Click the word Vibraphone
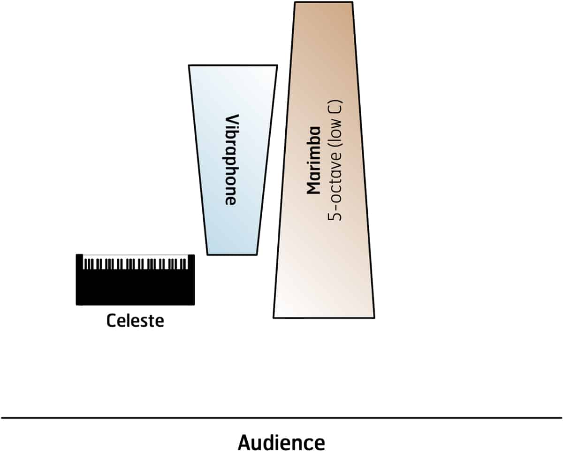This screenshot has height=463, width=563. click(x=230, y=160)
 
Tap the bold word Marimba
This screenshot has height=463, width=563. click(x=313, y=160)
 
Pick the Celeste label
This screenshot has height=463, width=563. click(x=135, y=321)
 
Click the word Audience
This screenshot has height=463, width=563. click(x=281, y=442)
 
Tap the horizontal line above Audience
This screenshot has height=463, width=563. click(x=281, y=417)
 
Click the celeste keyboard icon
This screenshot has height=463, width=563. click(x=135, y=279)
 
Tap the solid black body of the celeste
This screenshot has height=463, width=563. click(x=135, y=291)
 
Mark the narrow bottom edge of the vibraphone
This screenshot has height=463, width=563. click(x=232, y=255)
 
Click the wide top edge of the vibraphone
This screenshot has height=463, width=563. click(x=233, y=65)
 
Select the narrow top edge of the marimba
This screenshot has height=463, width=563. click(x=323, y=2)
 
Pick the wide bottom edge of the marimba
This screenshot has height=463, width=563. click(x=324, y=318)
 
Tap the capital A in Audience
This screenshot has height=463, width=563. click(x=245, y=442)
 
